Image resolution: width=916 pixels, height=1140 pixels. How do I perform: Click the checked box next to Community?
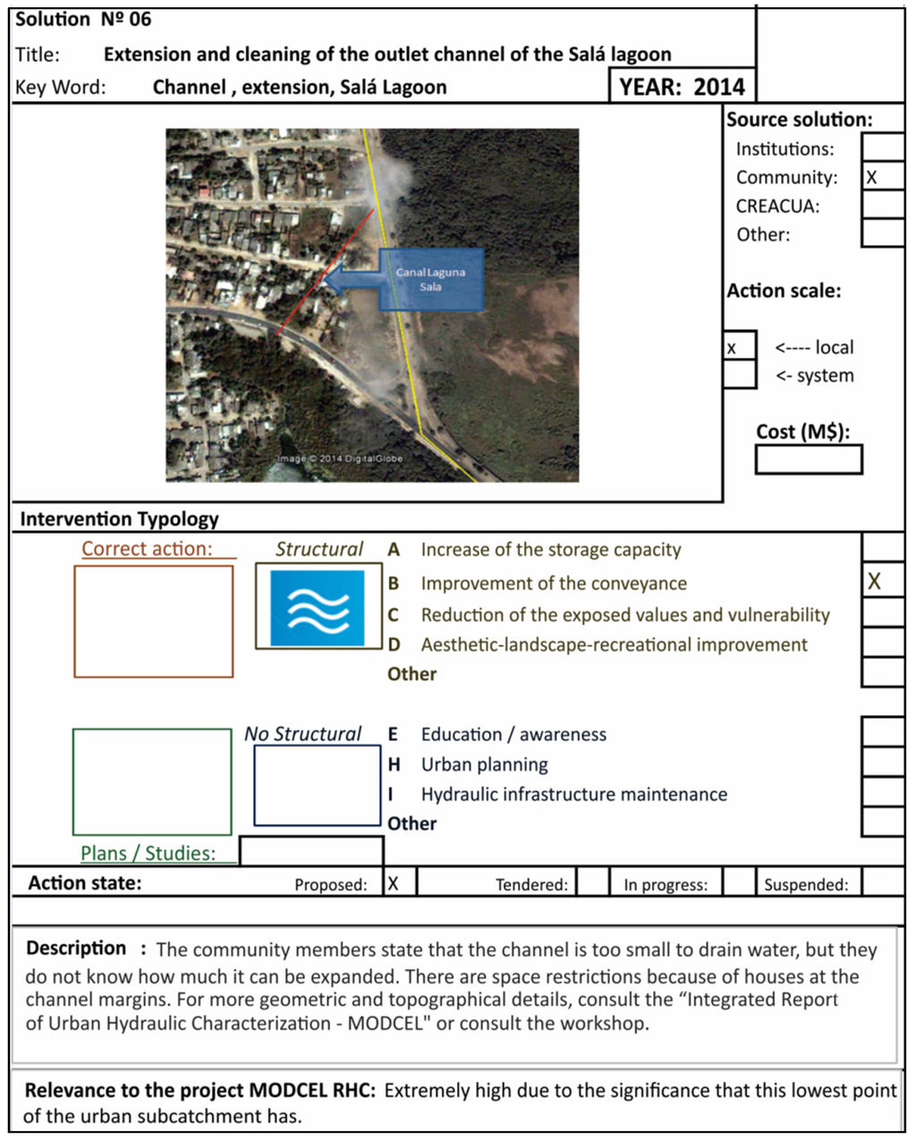pyautogui.click(x=883, y=176)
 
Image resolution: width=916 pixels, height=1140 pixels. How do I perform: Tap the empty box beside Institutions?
pyautogui.click(x=883, y=148)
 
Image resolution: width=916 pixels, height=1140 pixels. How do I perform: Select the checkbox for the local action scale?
pyautogui.click(x=740, y=347)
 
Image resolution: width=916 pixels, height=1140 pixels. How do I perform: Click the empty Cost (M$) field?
pyautogui.click(x=809, y=460)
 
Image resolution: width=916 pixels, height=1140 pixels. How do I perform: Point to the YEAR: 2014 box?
pyautogui.click(x=682, y=87)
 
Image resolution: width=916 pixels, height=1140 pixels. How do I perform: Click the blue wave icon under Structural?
pyautogui.click(x=318, y=609)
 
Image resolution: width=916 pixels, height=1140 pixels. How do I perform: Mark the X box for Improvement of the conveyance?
pyautogui.click(x=883, y=582)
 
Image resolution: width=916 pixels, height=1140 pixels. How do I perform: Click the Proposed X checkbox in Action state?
pyautogui.click(x=400, y=882)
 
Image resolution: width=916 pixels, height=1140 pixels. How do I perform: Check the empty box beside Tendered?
pyautogui.click(x=592, y=882)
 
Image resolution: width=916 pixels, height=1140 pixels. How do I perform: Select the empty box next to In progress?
pyautogui.click(x=739, y=882)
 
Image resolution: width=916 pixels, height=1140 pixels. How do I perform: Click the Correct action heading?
pyautogui.click(x=148, y=548)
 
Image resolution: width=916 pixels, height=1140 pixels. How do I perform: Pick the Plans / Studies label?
pyautogui.click(x=148, y=853)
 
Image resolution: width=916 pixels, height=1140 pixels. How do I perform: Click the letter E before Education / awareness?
pyautogui.click(x=393, y=734)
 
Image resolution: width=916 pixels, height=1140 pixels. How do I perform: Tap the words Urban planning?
pyautogui.click(x=484, y=764)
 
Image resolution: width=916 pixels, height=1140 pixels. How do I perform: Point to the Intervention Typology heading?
pyautogui.click(x=119, y=519)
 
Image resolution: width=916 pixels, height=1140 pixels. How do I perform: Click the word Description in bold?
pyautogui.click(x=76, y=948)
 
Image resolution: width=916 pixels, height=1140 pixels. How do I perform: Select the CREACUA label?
pyautogui.click(x=776, y=206)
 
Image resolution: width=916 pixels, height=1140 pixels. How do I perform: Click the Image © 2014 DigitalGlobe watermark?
pyautogui.click(x=340, y=459)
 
